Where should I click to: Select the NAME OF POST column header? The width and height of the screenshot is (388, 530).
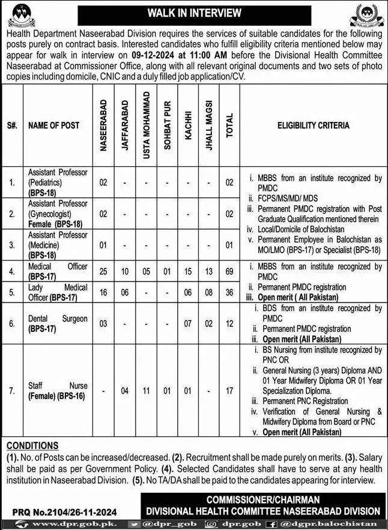pyautogui.click(x=53, y=126)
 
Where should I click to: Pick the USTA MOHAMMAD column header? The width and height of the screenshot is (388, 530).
pyautogui.click(x=147, y=126)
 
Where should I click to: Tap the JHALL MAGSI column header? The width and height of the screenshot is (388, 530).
pyautogui.click(x=209, y=127)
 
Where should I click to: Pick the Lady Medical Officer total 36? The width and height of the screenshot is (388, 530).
pyautogui.click(x=229, y=294)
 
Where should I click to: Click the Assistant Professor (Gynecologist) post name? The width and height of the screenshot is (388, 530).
pyautogui.click(x=58, y=213)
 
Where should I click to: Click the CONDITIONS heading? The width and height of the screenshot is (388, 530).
pyautogui.click(x=33, y=445)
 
